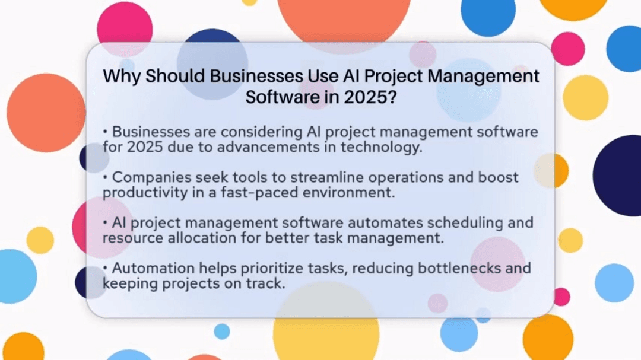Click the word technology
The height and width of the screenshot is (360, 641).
pos(386,147)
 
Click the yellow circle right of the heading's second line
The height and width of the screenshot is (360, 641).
pos(585,97)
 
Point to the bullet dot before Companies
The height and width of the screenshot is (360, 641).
pos(106,177)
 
